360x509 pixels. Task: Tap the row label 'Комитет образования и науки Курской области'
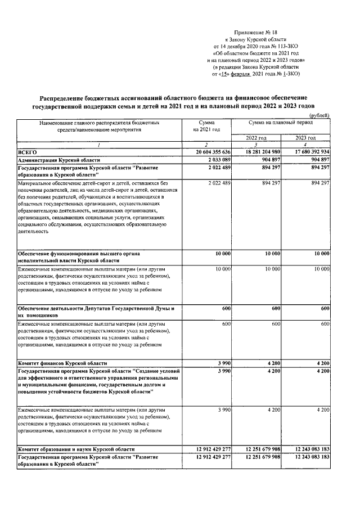[x=76, y=449]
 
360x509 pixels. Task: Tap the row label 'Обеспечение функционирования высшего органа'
[x=78, y=254]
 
